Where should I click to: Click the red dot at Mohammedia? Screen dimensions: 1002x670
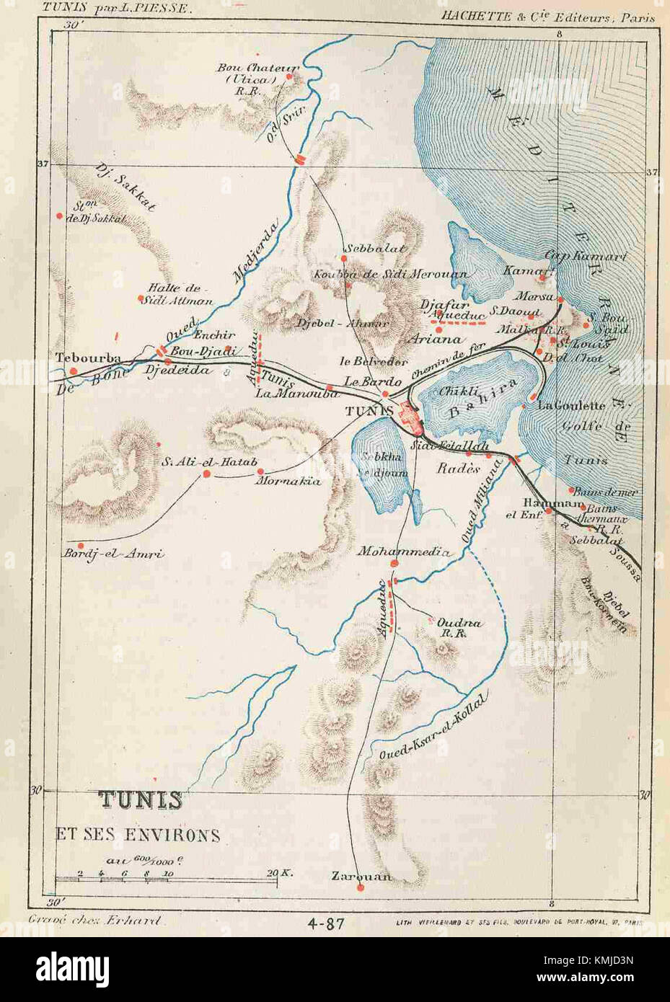point(394,563)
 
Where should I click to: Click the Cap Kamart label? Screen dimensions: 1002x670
point(585,256)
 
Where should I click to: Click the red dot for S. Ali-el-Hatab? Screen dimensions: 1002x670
point(206,474)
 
